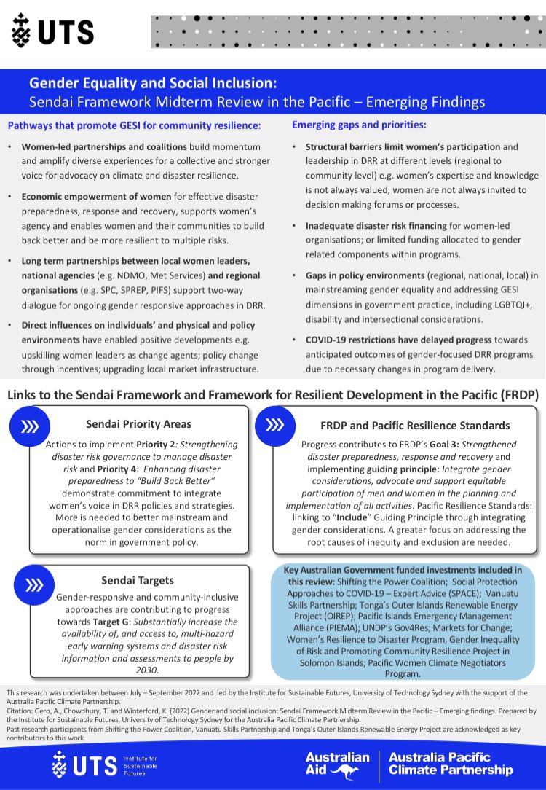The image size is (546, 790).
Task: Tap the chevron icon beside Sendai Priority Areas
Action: tap(30, 426)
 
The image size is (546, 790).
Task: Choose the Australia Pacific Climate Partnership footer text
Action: tap(451, 764)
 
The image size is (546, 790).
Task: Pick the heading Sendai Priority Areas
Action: tap(138, 423)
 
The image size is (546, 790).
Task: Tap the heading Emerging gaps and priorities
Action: tap(359, 125)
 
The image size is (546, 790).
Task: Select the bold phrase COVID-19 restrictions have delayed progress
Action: tap(397, 340)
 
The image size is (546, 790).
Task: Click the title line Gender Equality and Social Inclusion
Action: tap(153, 84)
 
